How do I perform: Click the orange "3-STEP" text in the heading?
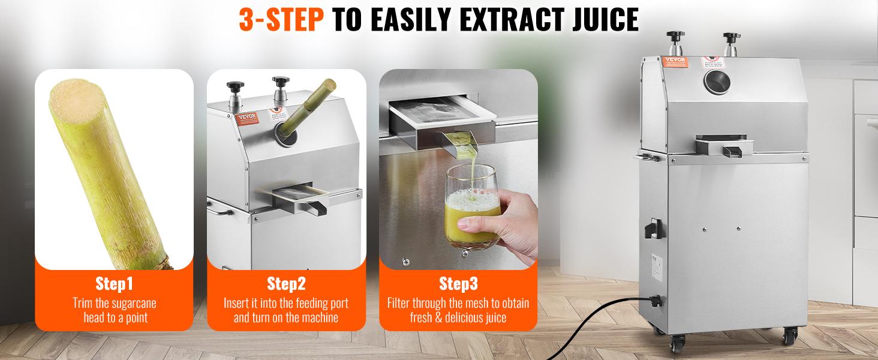click(281, 20)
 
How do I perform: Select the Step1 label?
click(114, 283)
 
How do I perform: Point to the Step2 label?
click(286, 283)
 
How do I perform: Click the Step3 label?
click(458, 283)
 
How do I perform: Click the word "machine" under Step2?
click(318, 317)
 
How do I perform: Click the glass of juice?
click(473, 207)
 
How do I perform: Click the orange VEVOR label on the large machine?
click(673, 61)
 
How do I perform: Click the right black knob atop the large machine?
click(730, 37)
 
